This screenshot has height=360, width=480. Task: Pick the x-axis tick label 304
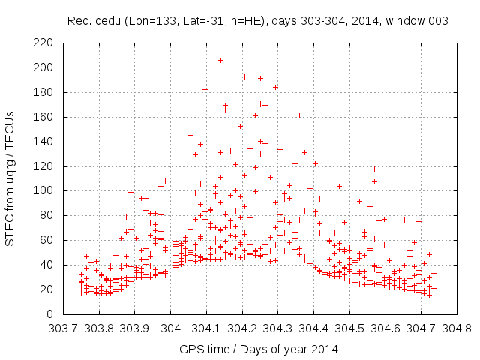[170, 328]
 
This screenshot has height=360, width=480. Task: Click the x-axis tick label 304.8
[456, 328]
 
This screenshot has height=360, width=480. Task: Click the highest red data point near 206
[220, 60]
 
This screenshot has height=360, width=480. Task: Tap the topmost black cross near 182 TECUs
[205, 89]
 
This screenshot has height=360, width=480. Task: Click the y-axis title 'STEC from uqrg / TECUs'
[10, 178]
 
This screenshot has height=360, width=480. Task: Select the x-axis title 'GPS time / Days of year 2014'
[259, 348]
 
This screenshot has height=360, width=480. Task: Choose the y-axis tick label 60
[47, 240]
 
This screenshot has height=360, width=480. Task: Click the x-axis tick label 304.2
[241, 328]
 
